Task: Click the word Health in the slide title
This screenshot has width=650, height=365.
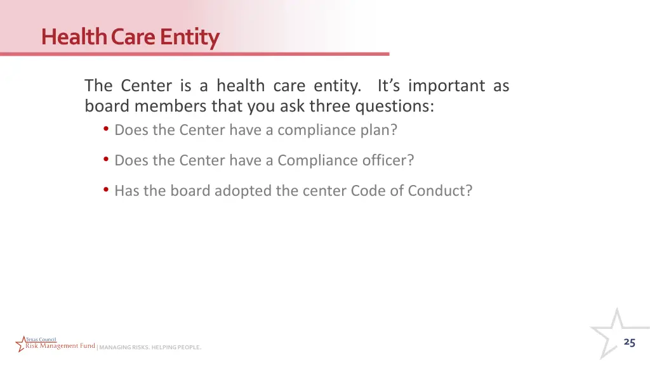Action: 74,37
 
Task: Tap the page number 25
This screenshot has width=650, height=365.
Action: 629,342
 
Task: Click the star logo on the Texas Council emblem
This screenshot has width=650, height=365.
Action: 22,343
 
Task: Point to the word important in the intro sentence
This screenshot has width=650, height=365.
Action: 448,86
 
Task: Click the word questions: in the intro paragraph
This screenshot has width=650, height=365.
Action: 394,106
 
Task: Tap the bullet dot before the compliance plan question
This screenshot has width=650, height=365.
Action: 106,129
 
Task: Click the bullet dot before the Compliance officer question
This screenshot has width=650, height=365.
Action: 106,160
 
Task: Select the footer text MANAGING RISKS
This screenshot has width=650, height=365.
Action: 124,347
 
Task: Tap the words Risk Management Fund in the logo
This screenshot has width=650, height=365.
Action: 60,346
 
